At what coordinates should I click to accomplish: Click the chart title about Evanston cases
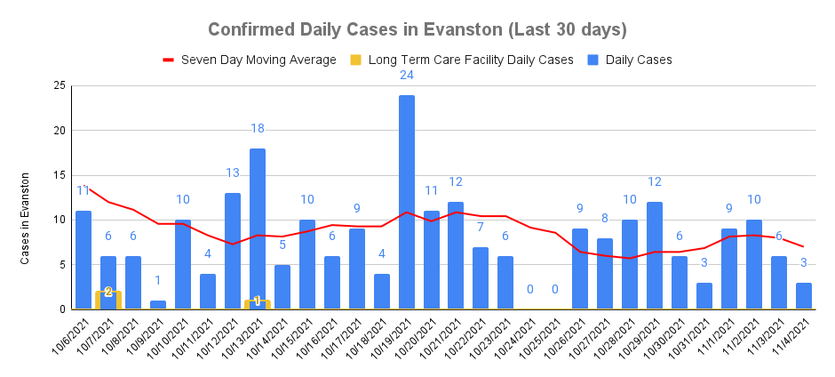pos(417,29)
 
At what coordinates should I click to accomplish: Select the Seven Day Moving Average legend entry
pos(249,60)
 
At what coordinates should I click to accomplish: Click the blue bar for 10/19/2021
pos(407,203)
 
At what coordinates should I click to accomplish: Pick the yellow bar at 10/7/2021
pos(108,301)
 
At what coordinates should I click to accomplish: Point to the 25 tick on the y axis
pos(60,86)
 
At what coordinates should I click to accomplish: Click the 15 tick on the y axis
pos(60,175)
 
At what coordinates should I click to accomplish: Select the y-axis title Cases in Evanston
pos(26,218)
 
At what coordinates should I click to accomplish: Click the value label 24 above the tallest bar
pos(407,76)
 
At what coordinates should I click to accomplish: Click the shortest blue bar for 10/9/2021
pos(158,305)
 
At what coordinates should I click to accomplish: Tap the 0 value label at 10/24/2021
pos(530,289)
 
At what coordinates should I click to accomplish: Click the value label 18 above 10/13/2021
pos(258,129)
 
